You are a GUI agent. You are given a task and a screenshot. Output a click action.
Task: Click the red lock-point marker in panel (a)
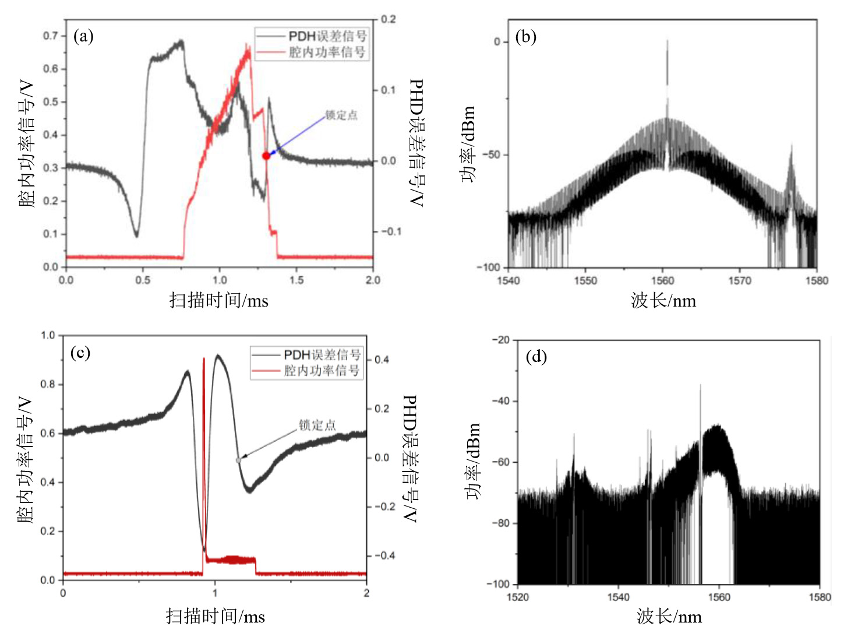(266, 156)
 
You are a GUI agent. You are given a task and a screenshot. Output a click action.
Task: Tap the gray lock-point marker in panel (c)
(238, 460)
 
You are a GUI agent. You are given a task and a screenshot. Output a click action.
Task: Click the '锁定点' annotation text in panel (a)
(341, 115)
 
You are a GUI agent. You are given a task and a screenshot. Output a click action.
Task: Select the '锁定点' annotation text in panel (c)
(317, 425)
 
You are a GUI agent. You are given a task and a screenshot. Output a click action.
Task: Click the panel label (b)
(525, 37)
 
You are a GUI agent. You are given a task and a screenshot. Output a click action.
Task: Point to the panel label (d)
(536, 356)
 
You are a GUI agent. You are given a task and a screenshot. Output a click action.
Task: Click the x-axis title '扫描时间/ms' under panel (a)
(218, 301)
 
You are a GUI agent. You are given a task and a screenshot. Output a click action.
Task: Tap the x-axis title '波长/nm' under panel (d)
(669, 617)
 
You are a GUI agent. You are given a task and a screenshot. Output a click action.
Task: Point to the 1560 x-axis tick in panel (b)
(663, 281)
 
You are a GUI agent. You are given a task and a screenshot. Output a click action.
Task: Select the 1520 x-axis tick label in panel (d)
(518, 597)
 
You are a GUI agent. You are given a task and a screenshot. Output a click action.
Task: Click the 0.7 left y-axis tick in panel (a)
(51, 36)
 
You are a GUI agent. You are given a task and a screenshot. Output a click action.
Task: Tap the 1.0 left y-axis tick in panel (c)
(48, 335)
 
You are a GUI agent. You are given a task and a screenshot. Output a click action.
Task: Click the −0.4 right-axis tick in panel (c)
(384, 555)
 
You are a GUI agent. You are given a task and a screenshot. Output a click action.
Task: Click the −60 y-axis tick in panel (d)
(500, 462)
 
